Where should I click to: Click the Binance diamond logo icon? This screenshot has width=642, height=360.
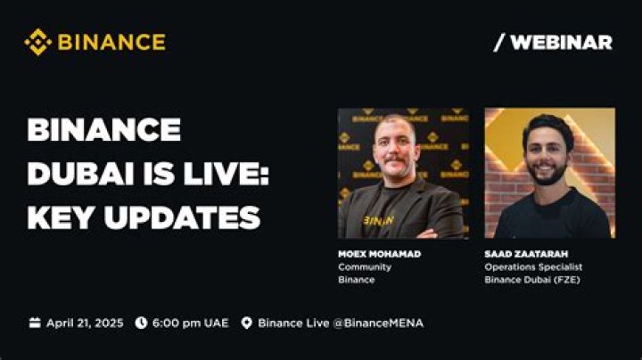pyautogui.click(x=37, y=42)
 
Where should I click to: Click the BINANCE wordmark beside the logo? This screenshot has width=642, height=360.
pyautogui.click(x=111, y=42)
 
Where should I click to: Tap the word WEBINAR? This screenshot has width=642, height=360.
pyautogui.click(x=561, y=42)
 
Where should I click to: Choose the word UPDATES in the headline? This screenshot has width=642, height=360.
pyautogui.click(x=185, y=216)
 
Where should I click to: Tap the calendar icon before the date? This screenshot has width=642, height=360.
pyautogui.click(x=35, y=323)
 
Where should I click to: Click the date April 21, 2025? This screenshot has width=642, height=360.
pyautogui.click(x=85, y=323)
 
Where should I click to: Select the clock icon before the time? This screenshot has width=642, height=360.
pyautogui.click(x=141, y=323)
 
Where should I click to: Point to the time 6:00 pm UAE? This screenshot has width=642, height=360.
pyautogui.click(x=189, y=323)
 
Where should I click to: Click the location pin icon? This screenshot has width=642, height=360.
pyautogui.click(x=247, y=323)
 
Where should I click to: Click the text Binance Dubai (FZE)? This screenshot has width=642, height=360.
pyautogui.click(x=529, y=279)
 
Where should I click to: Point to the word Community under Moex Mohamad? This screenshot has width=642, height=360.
pyautogui.click(x=364, y=266)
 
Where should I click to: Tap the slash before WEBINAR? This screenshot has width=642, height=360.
pyautogui.click(x=498, y=42)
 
